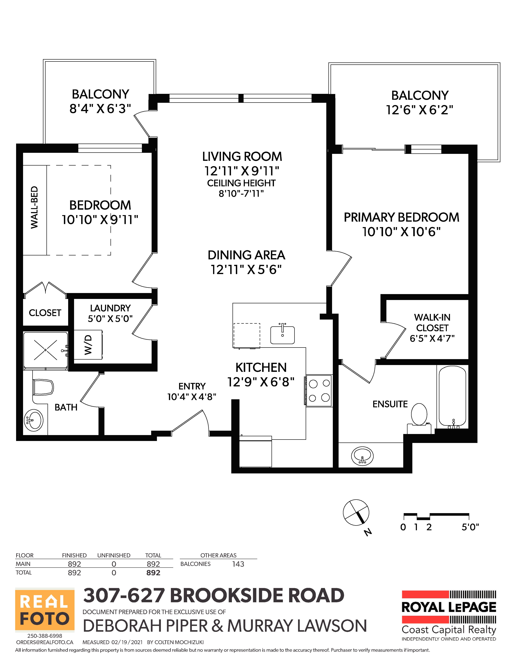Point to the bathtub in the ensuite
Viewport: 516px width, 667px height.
pyautogui.click(x=452, y=397)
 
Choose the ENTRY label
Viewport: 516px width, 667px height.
pyautogui.click(x=192, y=386)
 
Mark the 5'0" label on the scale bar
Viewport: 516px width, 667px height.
pyautogui.click(x=470, y=527)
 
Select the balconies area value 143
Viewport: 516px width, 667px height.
pyautogui.click(x=238, y=564)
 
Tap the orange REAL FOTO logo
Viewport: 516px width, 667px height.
pyautogui.click(x=45, y=610)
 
